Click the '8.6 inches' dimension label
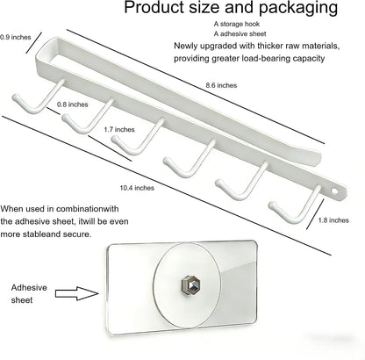point(221,85)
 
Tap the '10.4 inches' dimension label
point(137,188)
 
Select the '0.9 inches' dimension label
point(16,37)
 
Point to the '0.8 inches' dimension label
point(72,104)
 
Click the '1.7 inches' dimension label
point(119,129)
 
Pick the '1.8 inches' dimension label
point(333,220)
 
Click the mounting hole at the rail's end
point(334,191)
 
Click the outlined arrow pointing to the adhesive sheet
point(77,293)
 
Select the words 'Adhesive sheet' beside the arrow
point(29,293)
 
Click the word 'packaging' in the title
point(298,8)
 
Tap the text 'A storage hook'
point(236,24)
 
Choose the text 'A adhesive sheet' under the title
point(240,34)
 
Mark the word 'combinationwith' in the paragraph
point(88,209)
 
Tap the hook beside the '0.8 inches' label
point(37,97)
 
